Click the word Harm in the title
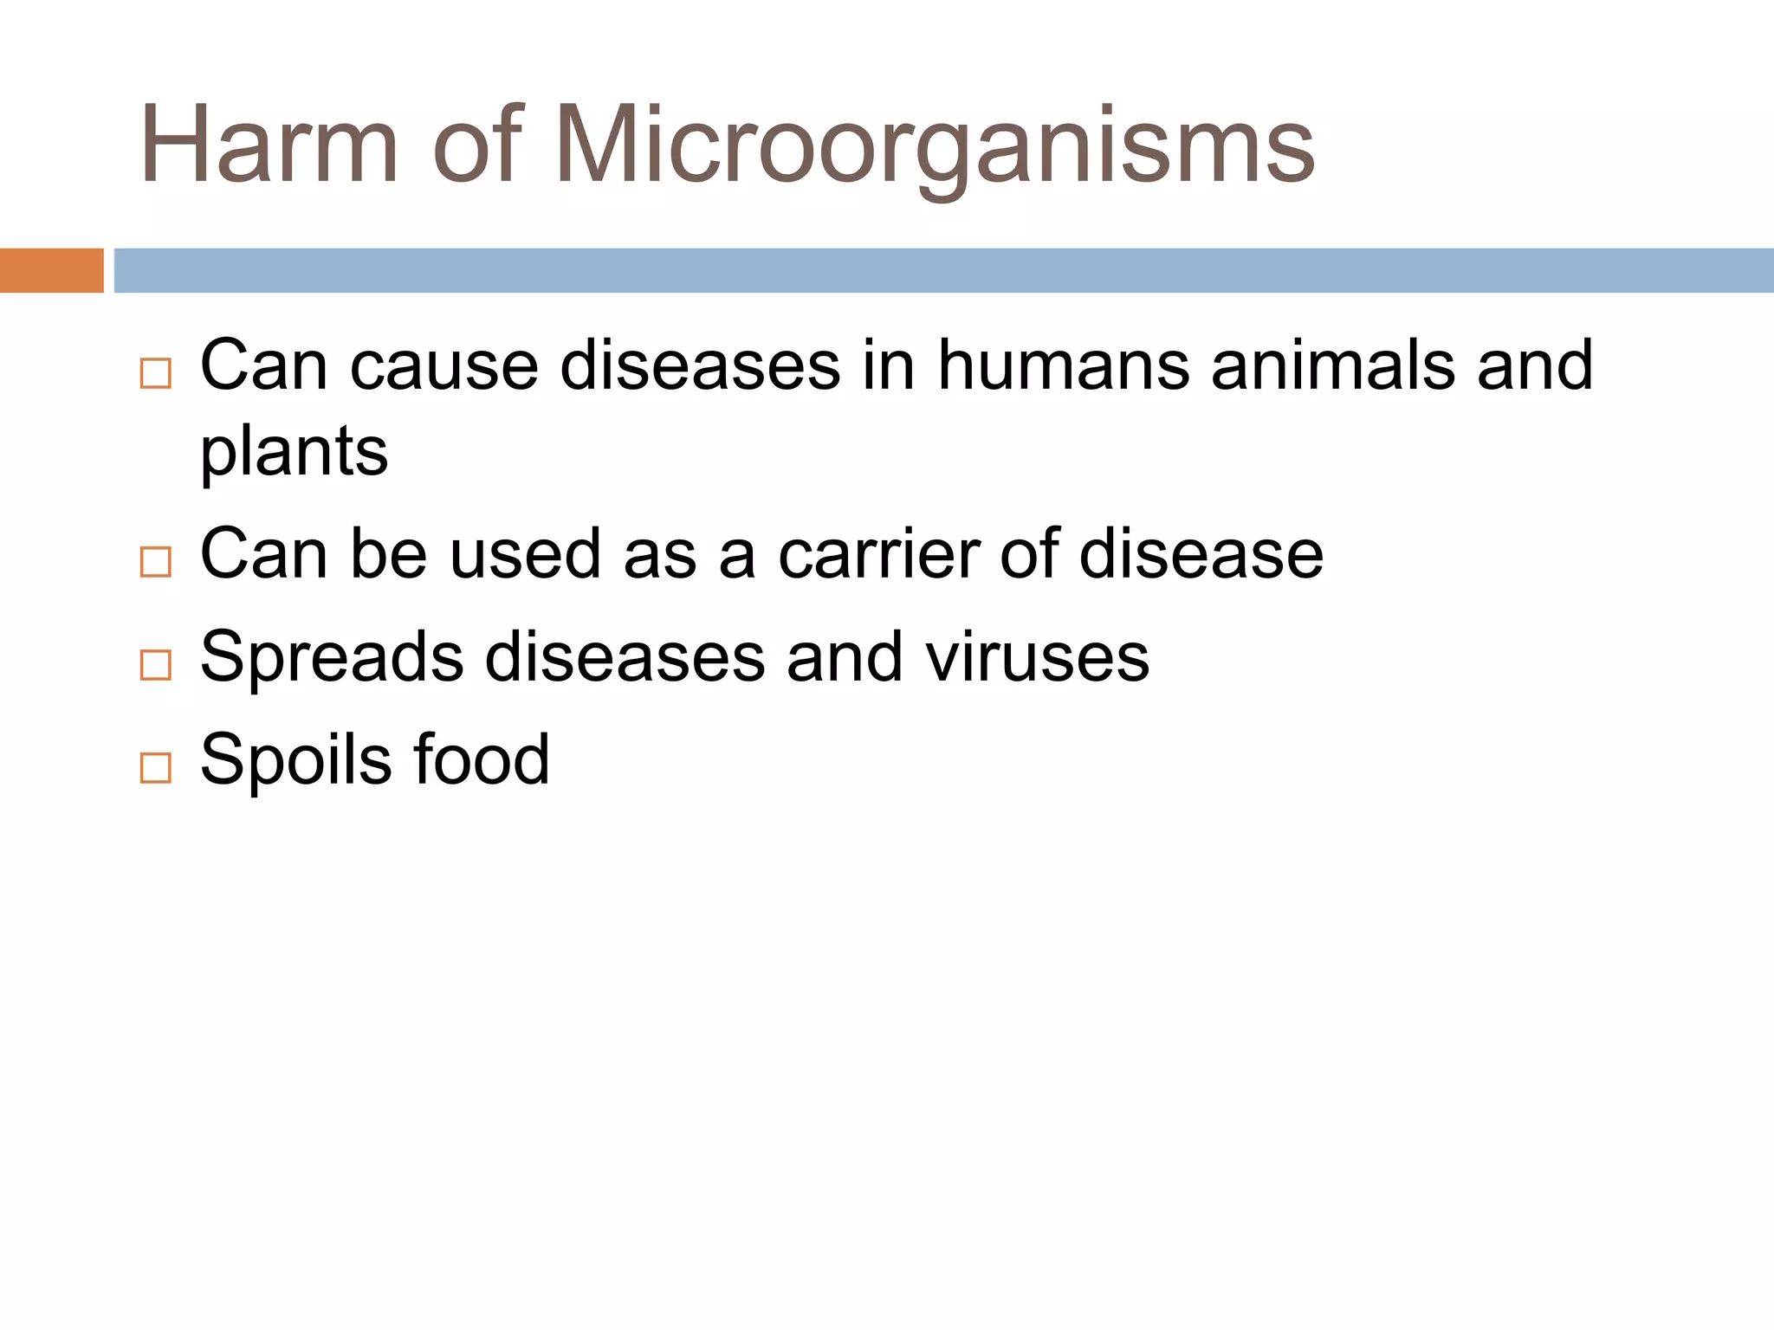[269, 145]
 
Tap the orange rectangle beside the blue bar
[51, 270]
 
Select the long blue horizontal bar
[942, 270]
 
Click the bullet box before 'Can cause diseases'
[156, 373]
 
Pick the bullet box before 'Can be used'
[156, 562]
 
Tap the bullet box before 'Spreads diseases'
[156, 665]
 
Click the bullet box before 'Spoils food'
[156, 768]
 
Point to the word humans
[1064, 365]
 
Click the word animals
[1333, 365]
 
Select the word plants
[294, 453]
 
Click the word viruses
[1037, 657]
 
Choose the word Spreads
[332, 657]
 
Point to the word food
[481, 760]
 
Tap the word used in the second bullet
[526, 554]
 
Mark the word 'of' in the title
[478, 145]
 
